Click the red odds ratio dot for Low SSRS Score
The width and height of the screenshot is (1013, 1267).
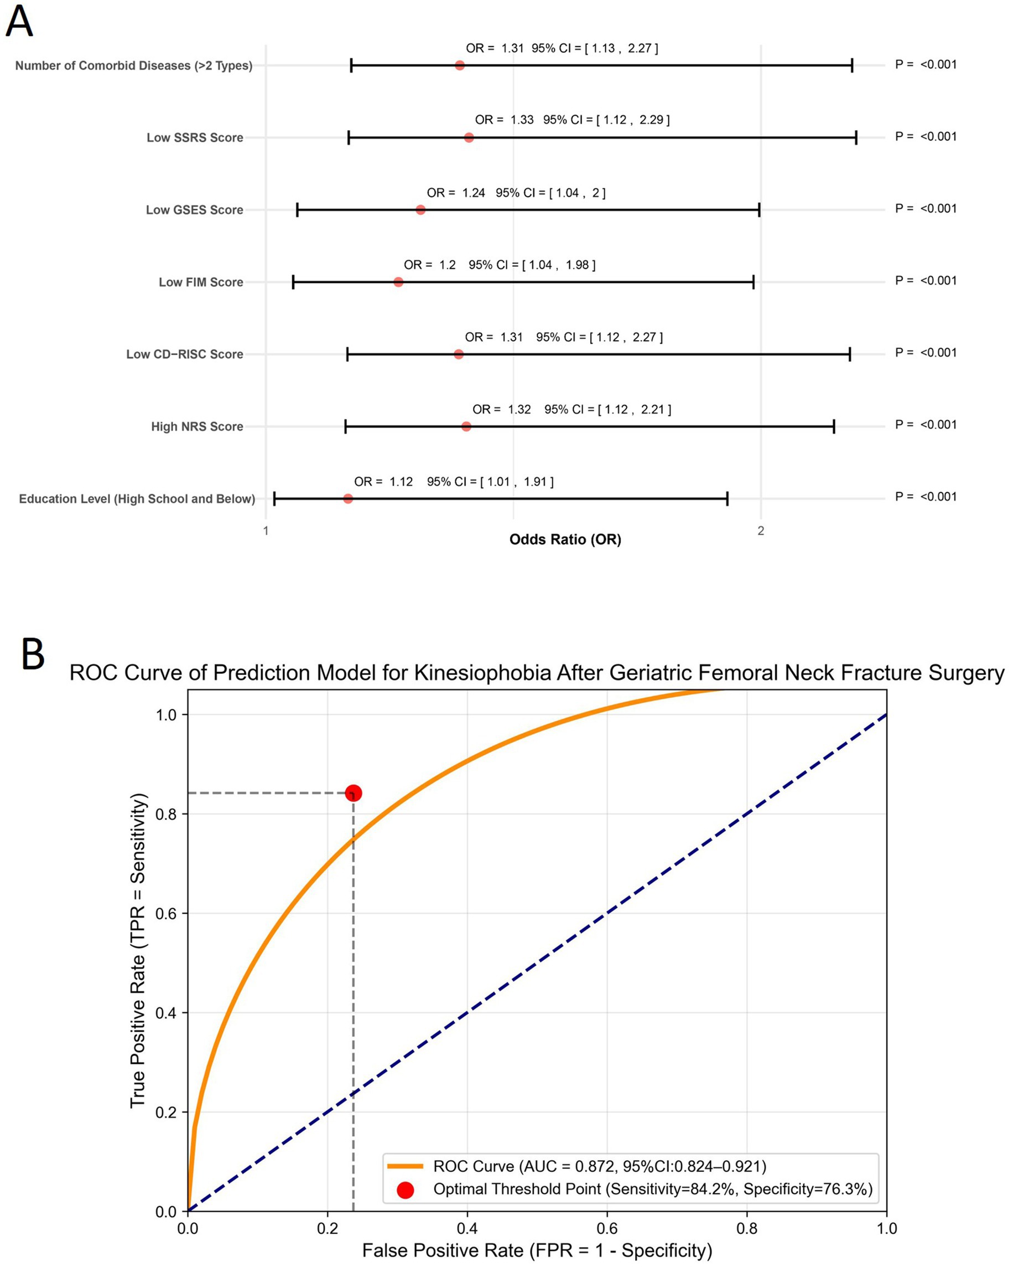(469, 137)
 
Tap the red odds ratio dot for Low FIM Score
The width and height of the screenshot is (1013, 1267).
(398, 282)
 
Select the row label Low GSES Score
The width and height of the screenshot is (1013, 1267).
(194, 210)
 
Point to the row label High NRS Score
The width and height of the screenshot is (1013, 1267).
(197, 426)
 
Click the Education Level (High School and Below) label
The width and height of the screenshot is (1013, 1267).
(137, 499)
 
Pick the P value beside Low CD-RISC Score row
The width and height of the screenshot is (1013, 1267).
(926, 353)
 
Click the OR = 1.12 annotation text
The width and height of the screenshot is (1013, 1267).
(383, 482)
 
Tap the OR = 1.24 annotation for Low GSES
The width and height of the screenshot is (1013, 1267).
(456, 193)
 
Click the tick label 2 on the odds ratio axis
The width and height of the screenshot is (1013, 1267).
(761, 531)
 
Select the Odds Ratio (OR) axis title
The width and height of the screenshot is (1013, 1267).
(565, 539)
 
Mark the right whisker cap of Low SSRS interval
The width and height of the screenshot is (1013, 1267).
(856, 137)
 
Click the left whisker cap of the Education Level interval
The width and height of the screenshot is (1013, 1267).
(274, 499)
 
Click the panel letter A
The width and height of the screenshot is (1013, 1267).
(19, 22)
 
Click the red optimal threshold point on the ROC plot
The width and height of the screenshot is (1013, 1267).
(353, 794)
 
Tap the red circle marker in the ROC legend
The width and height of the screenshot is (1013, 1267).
(405, 1190)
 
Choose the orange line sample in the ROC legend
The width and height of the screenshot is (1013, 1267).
(405, 1167)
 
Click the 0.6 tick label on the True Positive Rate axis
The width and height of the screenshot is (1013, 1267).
(166, 913)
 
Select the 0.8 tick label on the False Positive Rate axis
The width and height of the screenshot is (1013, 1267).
(746, 1228)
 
